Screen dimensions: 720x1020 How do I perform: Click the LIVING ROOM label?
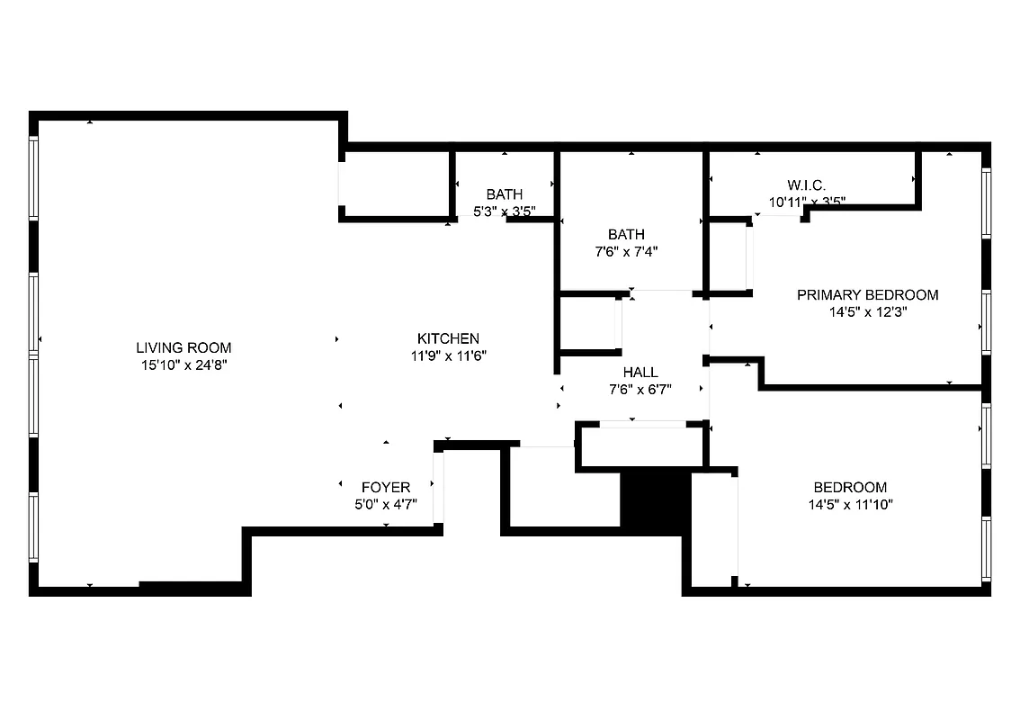click(x=183, y=347)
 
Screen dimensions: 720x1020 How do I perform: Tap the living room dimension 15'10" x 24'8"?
click(x=183, y=364)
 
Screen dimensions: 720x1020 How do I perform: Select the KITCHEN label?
click(x=448, y=338)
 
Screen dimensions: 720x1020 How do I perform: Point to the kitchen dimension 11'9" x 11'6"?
click(x=448, y=355)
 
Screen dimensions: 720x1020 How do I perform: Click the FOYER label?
click(x=386, y=488)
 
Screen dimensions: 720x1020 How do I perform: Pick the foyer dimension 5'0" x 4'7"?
click(x=386, y=505)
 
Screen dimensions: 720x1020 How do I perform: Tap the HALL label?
click(x=640, y=372)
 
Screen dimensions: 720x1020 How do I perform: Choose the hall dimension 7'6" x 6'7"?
click(x=640, y=389)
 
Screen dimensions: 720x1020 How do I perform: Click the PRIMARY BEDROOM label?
click(x=868, y=295)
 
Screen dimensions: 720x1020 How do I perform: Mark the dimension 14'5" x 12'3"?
click(x=868, y=312)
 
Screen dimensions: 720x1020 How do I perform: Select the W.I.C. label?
click(x=806, y=185)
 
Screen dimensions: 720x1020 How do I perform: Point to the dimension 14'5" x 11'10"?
click(x=850, y=505)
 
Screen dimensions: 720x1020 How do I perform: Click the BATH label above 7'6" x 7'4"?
click(x=626, y=235)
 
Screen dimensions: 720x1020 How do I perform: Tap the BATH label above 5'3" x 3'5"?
click(x=505, y=194)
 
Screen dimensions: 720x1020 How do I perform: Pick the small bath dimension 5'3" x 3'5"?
click(x=505, y=211)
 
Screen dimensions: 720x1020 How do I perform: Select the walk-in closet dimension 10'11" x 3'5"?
click(x=806, y=202)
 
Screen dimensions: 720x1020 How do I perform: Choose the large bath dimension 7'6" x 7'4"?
click(x=626, y=252)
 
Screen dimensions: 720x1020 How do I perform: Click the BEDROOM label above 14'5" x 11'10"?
click(x=850, y=488)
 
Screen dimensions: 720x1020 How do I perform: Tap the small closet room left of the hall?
click(x=586, y=323)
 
